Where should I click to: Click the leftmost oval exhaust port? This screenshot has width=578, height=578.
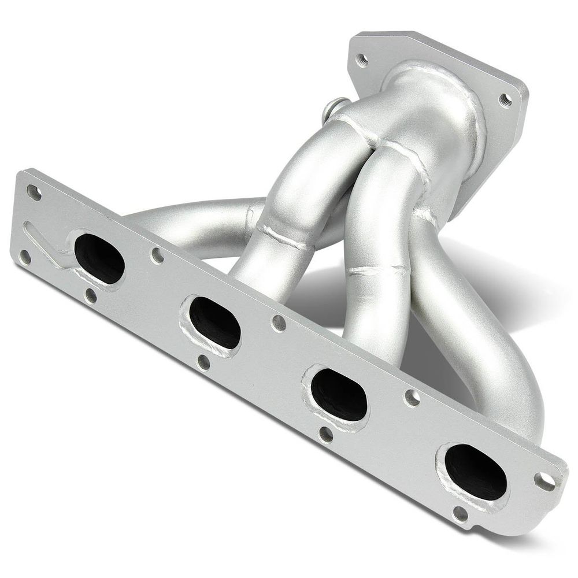(99, 258)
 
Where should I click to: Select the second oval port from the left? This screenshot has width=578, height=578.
(214, 323)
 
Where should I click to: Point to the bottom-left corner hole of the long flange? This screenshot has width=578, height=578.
(24, 257)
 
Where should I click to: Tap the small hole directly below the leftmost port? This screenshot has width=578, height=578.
(91, 296)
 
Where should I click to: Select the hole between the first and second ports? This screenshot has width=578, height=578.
(157, 255)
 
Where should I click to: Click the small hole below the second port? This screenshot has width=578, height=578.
(203, 362)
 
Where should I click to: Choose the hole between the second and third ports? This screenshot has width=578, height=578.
(279, 323)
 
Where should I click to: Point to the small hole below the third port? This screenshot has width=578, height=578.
(326, 433)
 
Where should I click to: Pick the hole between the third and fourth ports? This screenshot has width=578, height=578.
(412, 397)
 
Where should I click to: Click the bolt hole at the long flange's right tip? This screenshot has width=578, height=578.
(544, 480)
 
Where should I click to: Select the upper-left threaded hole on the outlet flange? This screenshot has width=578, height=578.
(362, 58)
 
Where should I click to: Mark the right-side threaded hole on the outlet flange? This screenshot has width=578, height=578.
(505, 100)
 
